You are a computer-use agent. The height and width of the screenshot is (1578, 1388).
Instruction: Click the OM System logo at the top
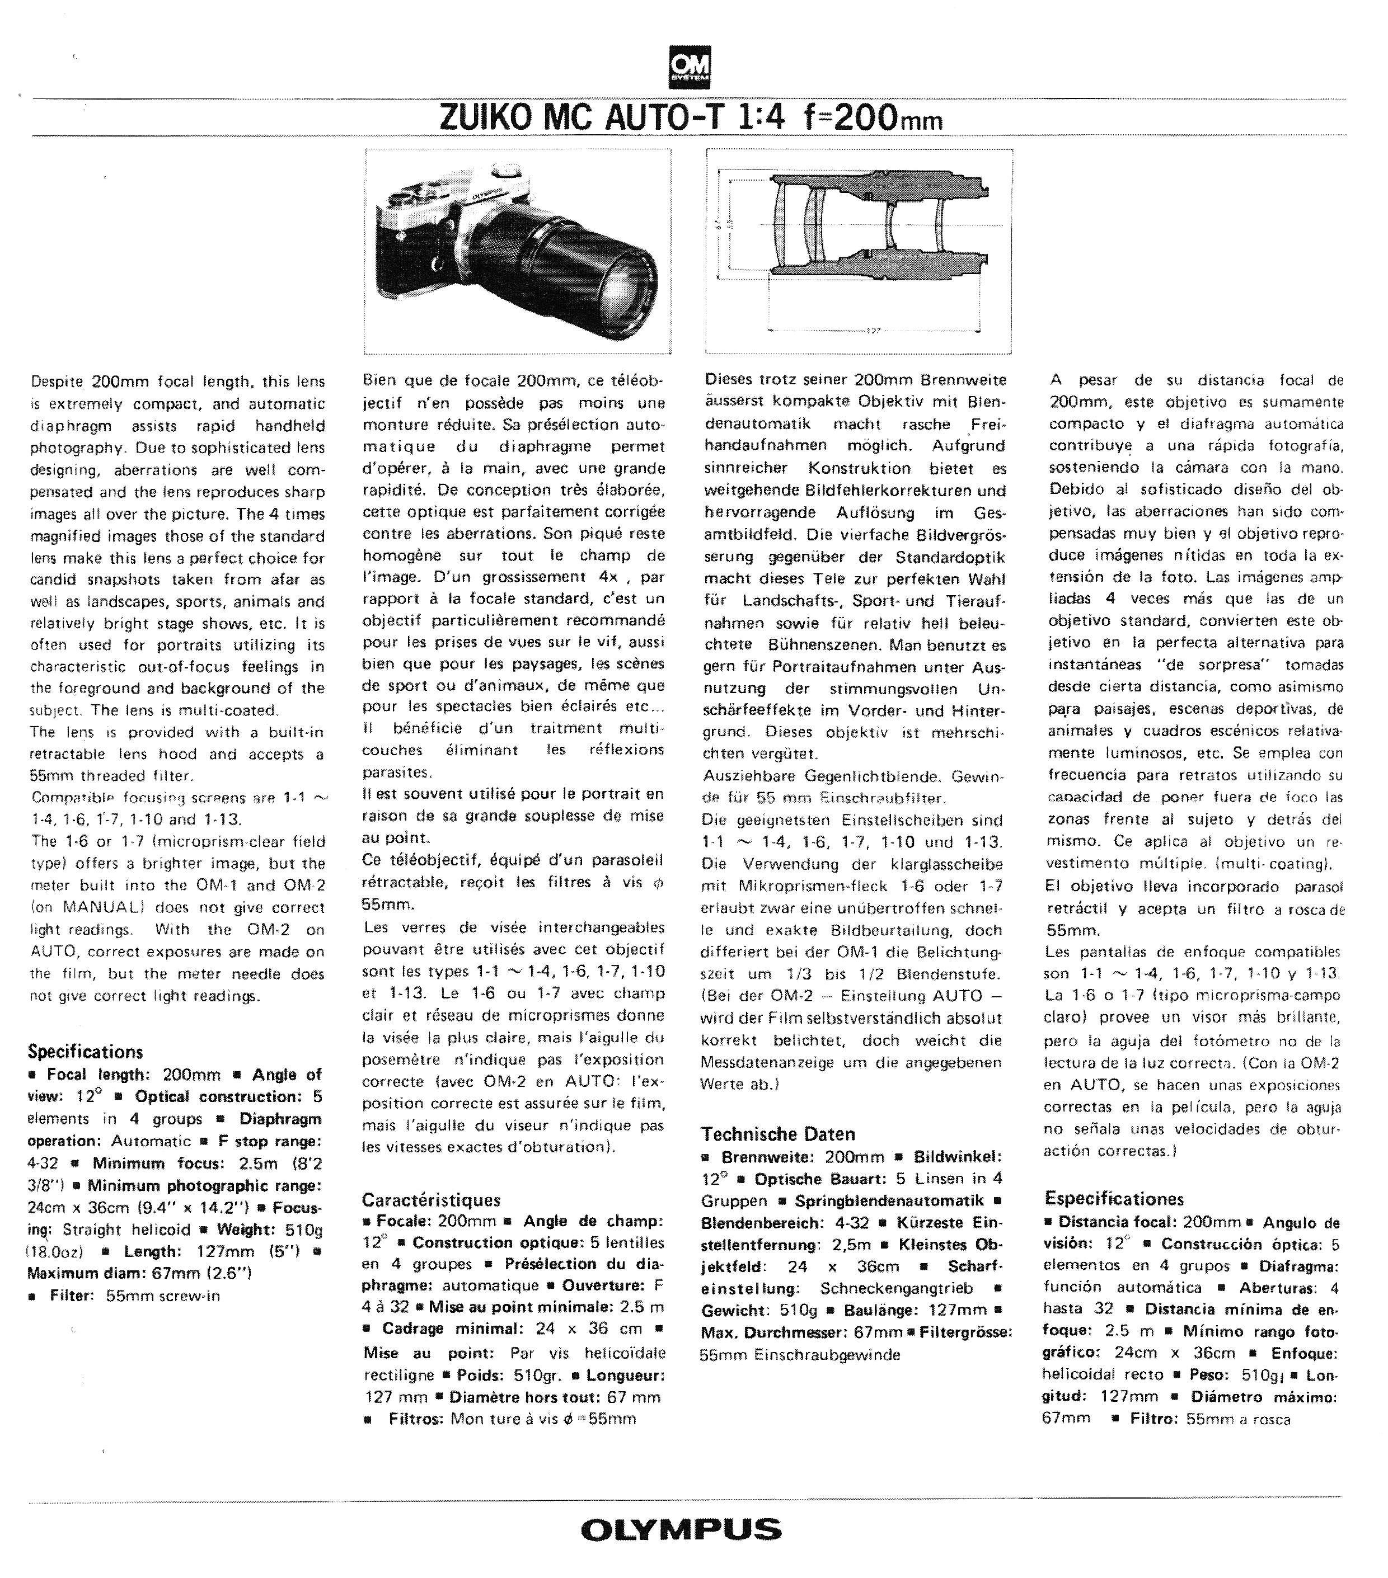pos(690,68)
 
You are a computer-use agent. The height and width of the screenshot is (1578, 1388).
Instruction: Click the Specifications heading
pos(86,1052)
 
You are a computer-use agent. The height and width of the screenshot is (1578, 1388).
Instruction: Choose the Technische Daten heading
pos(778,1134)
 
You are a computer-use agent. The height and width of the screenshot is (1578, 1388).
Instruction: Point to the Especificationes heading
pos(1114,1198)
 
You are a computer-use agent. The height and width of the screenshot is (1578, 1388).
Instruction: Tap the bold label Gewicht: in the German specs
pos(735,1310)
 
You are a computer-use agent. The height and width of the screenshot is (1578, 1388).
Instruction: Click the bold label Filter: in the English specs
pos(72,1296)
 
